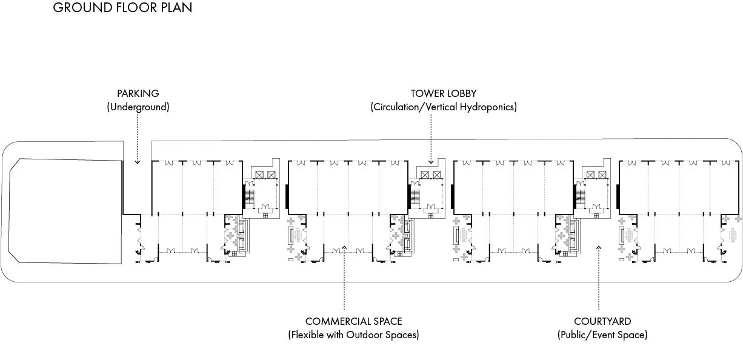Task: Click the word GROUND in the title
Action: [82, 8]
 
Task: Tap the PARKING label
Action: [138, 93]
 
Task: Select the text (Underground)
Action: [138, 107]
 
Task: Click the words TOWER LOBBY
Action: [444, 93]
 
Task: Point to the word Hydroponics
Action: [490, 107]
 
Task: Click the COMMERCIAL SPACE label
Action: [353, 321]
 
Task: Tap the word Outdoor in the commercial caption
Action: [364, 335]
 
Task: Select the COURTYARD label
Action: [602, 321]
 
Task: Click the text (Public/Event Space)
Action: [602, 335]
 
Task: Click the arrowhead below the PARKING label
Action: [138, 162]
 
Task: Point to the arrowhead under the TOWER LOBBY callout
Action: [431, 162]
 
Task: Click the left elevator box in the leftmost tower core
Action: [259, 175]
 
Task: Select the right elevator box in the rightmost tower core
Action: [602, 175]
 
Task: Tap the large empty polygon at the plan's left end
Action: [65, 211]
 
